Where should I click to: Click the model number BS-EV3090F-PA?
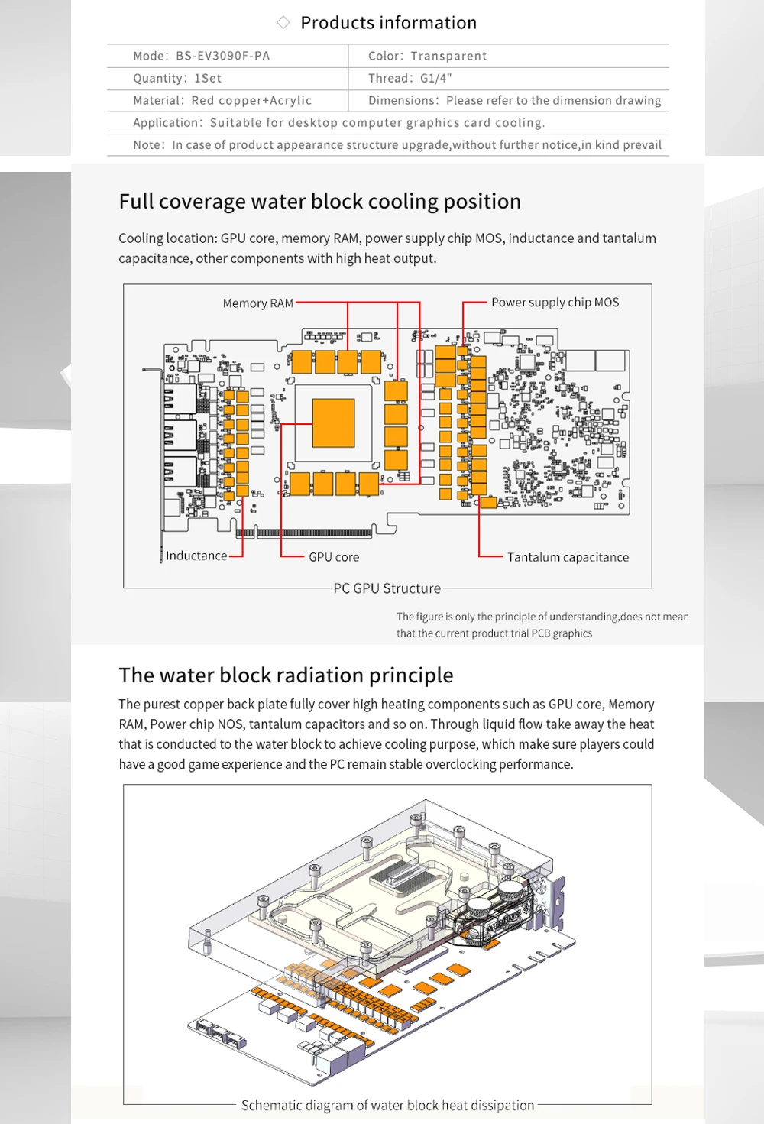pos(222,56)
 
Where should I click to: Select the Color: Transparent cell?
pos(427,56)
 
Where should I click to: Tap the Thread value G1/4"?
pos(435,78)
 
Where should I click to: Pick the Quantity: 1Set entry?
pos(177,78)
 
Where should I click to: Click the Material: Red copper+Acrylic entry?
pos(222,100)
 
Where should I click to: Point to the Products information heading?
pos(388,23)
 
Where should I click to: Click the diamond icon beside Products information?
pos(283,22)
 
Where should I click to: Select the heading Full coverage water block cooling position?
pos(319,202)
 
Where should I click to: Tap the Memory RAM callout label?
pos(257,303)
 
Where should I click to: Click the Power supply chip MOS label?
pos(555,303)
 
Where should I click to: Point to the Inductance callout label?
pos(196,556)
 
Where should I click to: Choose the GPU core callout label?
pos(334,557)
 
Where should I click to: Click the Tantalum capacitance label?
pos(568,557)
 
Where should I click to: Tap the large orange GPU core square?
pos(334,423)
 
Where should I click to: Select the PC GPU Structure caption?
pos(387,588)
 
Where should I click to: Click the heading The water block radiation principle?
pos(286,675)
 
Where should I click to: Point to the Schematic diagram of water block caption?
pos(387,1105)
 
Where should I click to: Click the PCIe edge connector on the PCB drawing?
pos(306,533)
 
